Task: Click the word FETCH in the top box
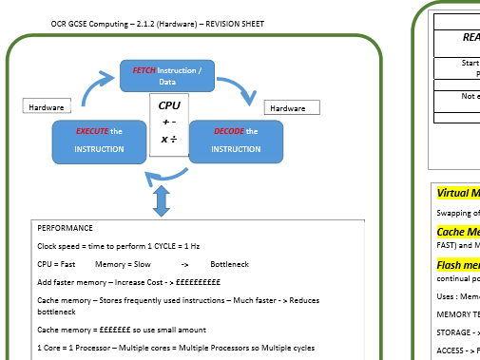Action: (144, 70)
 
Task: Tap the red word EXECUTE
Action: (94, 132)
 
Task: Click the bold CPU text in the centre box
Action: (169, 105)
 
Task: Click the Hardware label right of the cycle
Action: (288, 108)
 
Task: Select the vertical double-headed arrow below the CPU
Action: (161, 200)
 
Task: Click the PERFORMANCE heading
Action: (65, 229)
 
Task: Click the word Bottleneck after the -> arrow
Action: (229, 263)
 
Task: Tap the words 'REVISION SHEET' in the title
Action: (234, 23)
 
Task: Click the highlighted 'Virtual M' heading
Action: (453, 194)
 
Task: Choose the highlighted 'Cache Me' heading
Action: (457, 232)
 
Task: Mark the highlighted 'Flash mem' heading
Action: (456, 265)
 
